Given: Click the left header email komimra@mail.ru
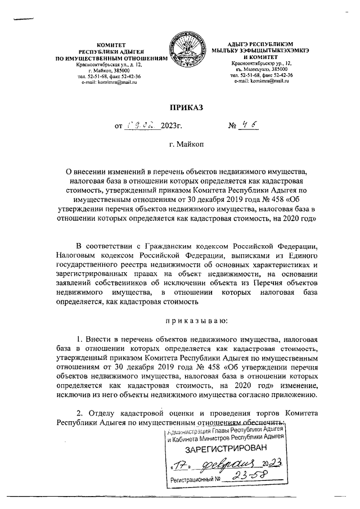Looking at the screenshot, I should click(114, 82).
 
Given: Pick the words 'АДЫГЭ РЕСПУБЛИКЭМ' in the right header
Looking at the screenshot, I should click(258, 44).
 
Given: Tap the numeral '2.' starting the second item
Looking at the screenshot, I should click(80, 409).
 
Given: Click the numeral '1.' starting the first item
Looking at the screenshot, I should click(80, 340).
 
